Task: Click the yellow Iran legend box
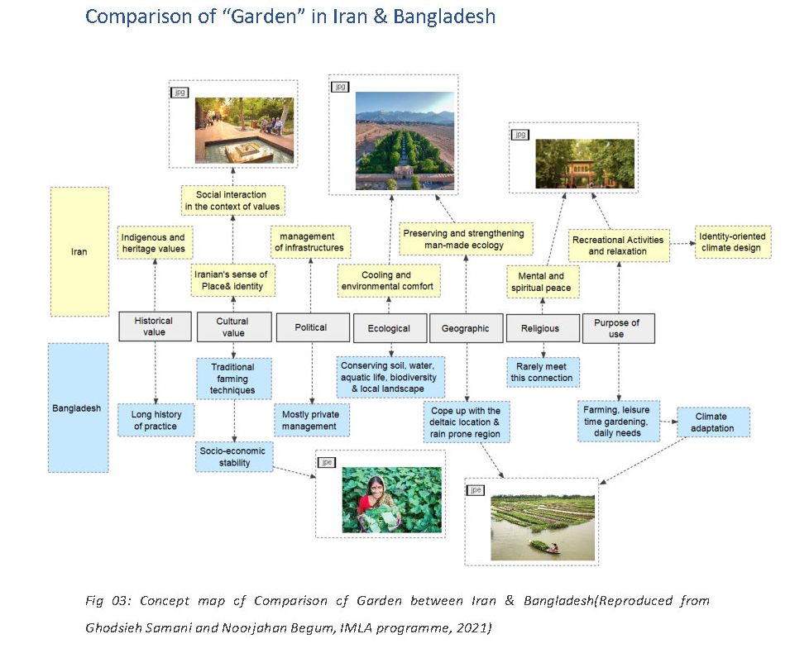pos(79,252)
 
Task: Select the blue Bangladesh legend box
pos(78,408)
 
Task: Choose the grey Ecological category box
pos(390,328)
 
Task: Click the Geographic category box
pos(466,328)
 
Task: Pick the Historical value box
pos(155,327)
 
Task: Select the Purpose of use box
pos(618,328)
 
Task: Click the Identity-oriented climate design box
pos(733,242)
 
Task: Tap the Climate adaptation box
pos(713,422)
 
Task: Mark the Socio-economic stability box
pos(234,456)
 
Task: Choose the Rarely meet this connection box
pos(543,372)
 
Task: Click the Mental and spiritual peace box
pos(542,282)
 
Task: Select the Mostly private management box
pos(311,420)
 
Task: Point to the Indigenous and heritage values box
pos(155,243)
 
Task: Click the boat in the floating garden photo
pos(544,546)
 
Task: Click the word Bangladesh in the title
pos(444,16)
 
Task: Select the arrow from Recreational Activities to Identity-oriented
pos(682,244)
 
